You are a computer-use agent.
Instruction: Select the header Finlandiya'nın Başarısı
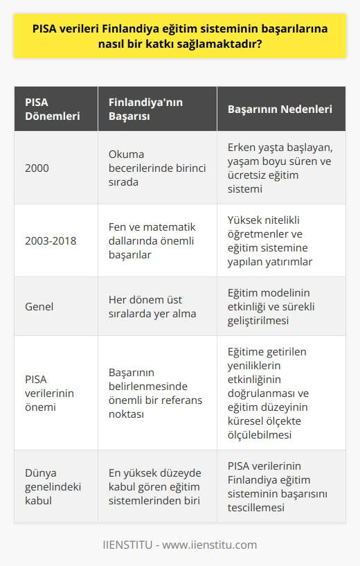coord(138,109)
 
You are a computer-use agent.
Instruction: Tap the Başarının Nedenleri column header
coord(280,109)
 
